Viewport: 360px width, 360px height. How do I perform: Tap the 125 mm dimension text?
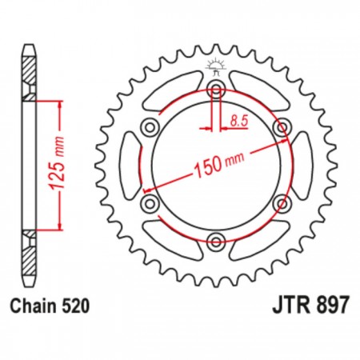click(x=58, y=163)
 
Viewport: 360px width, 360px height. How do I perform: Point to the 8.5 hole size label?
click(x=239, y=121)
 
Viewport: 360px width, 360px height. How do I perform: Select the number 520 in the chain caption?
click(x=75, y=306)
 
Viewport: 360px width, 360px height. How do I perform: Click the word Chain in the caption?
click(x=34, y=306)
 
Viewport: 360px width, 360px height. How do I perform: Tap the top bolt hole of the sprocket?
click(x=216, y=89)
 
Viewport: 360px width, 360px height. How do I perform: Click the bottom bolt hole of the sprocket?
click(x=216, y=242)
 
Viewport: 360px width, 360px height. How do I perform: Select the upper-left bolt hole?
click(x=150, y=127)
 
